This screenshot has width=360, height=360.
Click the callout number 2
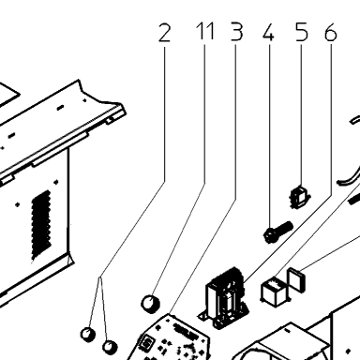(x=165, y=33)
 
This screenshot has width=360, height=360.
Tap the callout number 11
(x=205, y=31)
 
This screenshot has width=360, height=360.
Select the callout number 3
(x=236, y=32)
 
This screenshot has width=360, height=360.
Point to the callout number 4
(x=268, y=33)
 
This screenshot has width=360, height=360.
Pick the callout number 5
(x=301, y=32)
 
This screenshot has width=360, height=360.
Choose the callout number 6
(x=331, y=32)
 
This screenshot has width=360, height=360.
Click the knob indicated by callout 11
(x=151, y=304)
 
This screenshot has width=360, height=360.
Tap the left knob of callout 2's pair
(x=88, y=334)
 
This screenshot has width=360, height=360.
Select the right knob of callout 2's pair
(x=110, y=347)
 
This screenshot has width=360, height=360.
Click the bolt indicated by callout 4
(x=277, y=232)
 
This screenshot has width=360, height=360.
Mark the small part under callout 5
(x=300, y=197)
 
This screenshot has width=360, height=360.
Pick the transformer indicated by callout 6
(x=224, y=297)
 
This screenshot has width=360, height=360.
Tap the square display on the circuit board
(x=146, y=343)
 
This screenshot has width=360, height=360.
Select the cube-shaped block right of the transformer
(x=274, y=292)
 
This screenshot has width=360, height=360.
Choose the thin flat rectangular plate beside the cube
(x=296, y=279)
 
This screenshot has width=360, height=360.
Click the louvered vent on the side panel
(x=41, y=225)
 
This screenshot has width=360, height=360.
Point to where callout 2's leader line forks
(x=100, y=277)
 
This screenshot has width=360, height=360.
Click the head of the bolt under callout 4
(x=269, y=236)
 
